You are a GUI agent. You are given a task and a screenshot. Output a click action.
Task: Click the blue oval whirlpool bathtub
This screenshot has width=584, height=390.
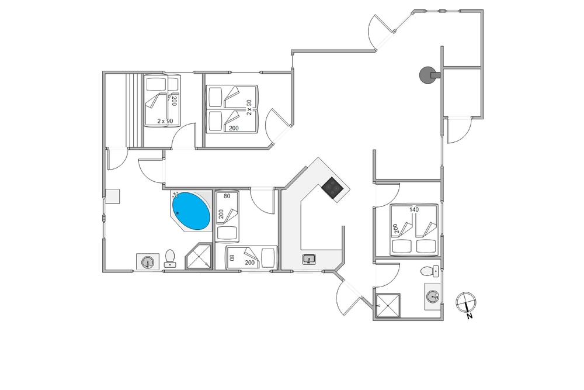click(191, 211)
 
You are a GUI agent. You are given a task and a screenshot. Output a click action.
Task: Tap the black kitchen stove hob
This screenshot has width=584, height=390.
click(333, 188)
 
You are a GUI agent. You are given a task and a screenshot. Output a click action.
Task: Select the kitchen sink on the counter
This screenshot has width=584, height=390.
click(309, 259)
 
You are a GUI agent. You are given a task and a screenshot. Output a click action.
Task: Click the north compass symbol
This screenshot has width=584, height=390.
click(466, 302)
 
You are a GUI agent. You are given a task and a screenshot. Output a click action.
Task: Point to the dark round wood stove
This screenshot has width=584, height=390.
click(428, 75)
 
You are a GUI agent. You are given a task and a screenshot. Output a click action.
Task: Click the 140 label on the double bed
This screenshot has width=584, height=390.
click(414, 209)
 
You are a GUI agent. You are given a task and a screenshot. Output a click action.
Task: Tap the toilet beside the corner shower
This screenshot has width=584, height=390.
click(170, 258)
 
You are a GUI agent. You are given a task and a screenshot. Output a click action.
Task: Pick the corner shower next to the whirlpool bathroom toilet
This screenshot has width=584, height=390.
click(199, 256)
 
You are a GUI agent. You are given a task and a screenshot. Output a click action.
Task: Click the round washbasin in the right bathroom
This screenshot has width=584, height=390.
click(432, 297)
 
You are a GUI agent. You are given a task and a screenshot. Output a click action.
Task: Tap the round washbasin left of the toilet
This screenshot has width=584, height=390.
click(148, 262)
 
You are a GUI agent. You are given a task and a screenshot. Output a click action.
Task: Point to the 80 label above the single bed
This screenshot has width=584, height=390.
click(227, 196)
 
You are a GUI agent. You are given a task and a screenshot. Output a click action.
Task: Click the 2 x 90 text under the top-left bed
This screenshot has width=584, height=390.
click(165, 121)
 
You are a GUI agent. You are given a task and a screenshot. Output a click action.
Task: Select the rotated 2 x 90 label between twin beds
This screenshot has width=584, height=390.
click(249, 108)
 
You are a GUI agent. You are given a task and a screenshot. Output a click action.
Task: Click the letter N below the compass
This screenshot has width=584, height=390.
click(470, 316)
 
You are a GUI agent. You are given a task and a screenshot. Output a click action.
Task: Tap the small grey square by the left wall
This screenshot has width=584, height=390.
click(113, 196)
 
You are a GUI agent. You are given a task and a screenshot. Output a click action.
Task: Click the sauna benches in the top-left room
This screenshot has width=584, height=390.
click(134, 111)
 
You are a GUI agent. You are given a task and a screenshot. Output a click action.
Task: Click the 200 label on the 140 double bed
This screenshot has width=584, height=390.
click(395, 228)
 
